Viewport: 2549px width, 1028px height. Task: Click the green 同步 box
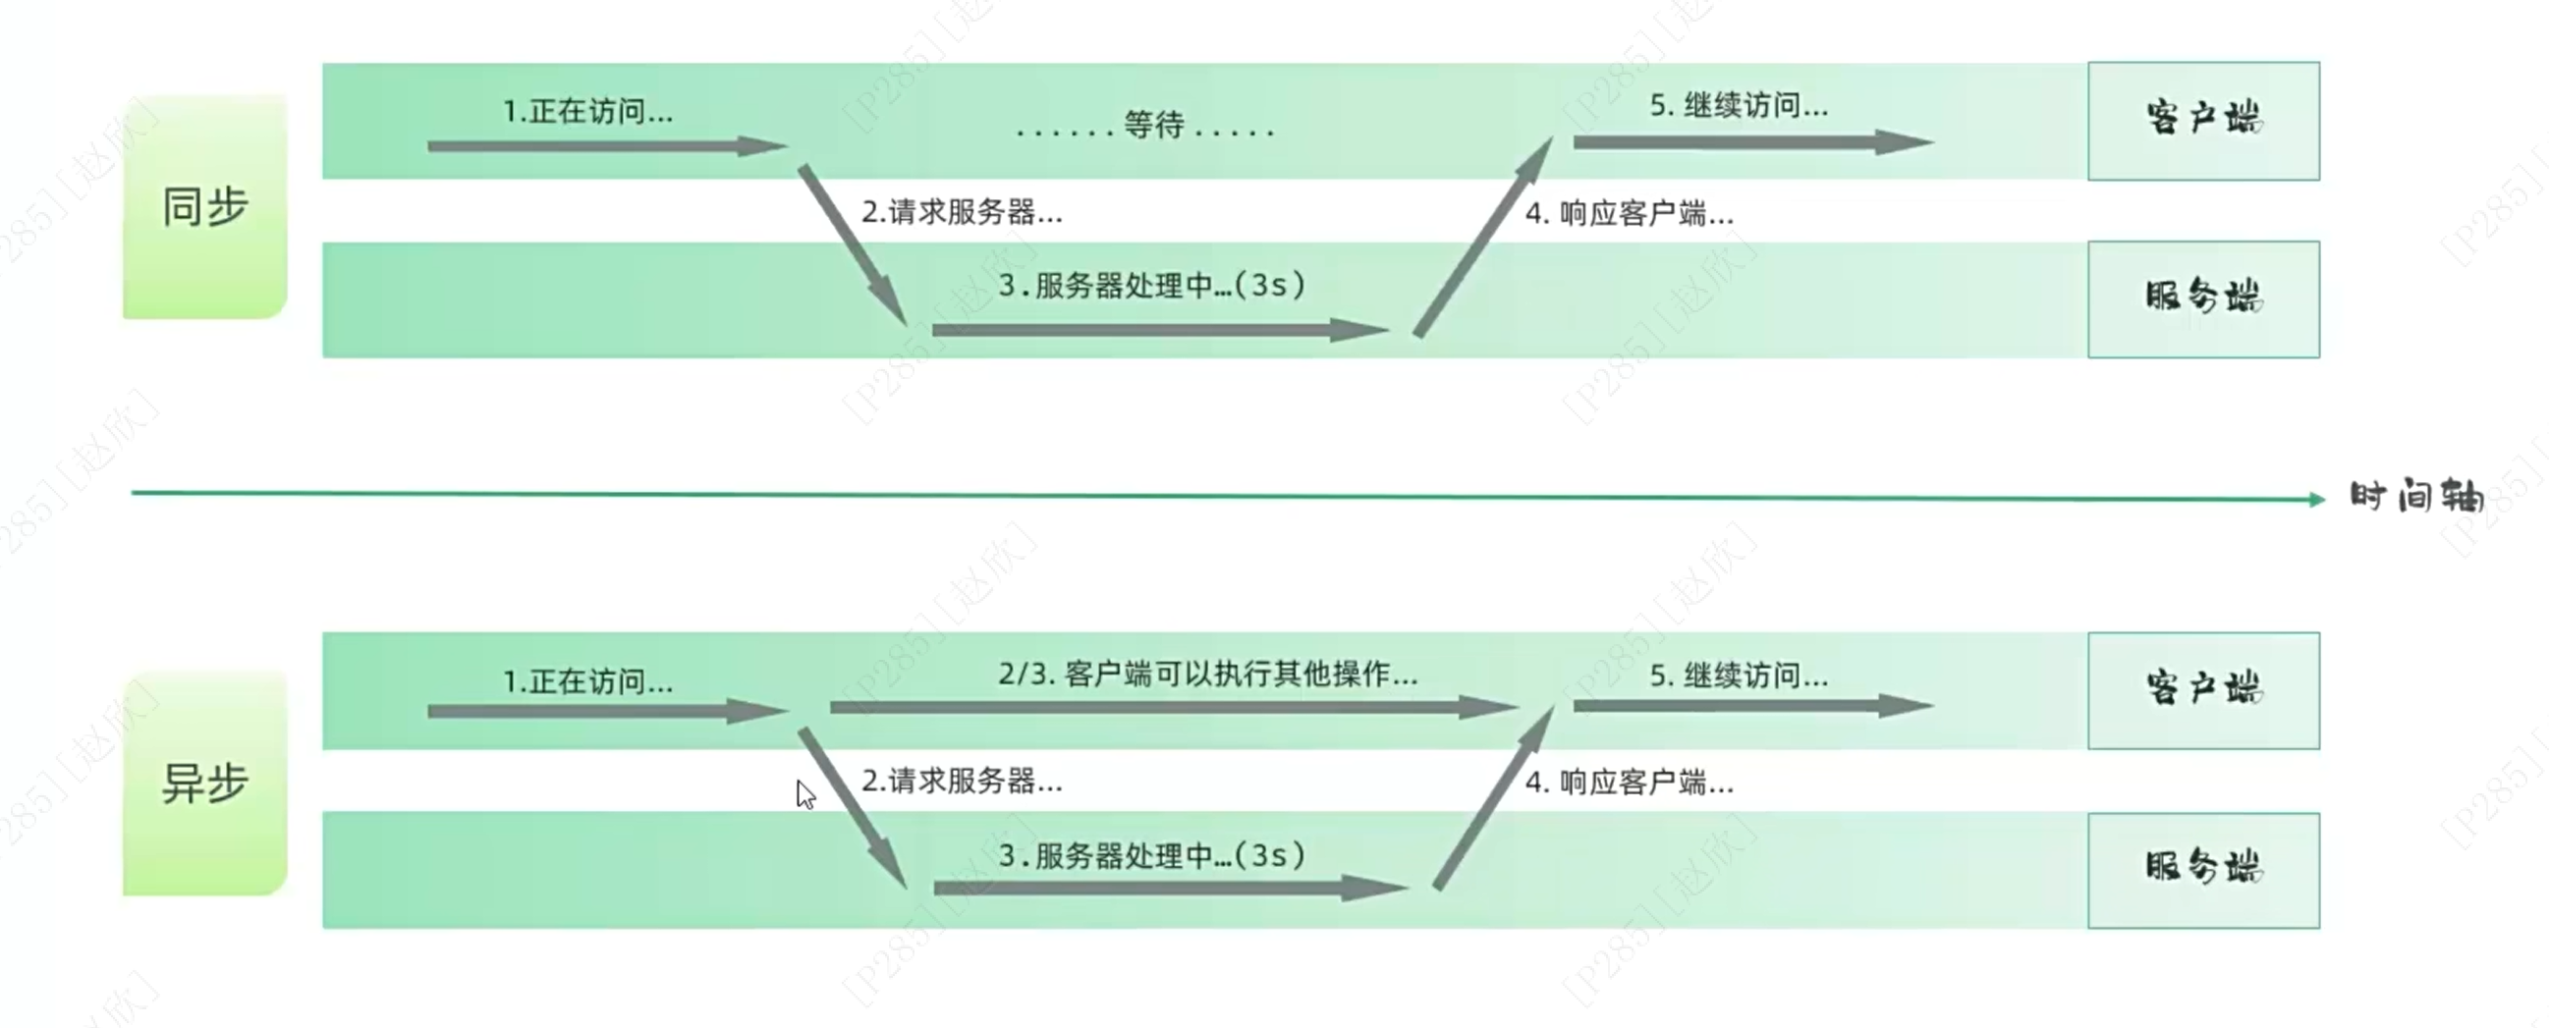[205, 207]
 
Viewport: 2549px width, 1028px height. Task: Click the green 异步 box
[205, 784]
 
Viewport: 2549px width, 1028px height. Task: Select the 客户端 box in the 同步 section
[2202, 121]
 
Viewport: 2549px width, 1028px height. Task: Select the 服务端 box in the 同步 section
[2202, 298]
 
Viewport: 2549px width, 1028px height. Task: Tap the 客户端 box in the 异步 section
[2202, 690]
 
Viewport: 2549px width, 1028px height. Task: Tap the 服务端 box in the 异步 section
[2202, 870]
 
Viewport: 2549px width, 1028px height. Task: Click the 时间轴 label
[2416, 497]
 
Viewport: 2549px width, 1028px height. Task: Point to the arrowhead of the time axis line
[2316, 500]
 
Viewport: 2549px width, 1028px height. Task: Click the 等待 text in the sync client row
[1154, 126]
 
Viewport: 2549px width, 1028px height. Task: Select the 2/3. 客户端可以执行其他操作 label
[1207, 675]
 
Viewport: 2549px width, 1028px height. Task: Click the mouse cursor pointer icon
[804, 793]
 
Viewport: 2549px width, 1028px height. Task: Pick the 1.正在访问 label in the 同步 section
[587, 111]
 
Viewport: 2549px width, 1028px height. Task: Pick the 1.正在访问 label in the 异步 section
[587, 681]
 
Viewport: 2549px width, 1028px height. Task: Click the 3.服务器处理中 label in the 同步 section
[1151, 286]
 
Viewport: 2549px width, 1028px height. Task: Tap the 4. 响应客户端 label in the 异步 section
[1629, 783]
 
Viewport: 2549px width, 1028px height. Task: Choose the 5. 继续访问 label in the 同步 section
[1739, 105]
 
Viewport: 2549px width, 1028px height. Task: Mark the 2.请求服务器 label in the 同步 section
[962, 212]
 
